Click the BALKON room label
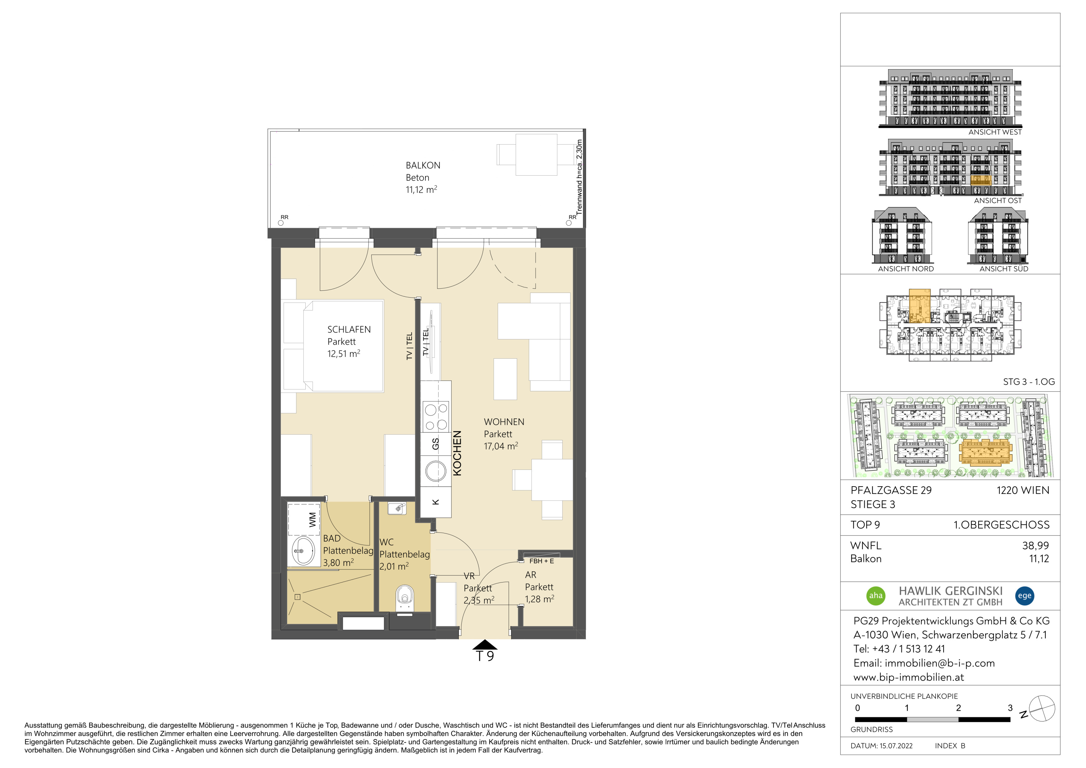click(x=423, y=165)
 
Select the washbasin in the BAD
click(x=303, y=551)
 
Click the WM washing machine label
click(x=312, y=520)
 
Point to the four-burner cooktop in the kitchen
click(x=436, y=417)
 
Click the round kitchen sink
click(x=436, y=471)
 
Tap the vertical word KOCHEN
click(x=457, y=453)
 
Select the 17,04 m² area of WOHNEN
click(x=501, y=446)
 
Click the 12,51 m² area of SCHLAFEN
click(x=344, y=354)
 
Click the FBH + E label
click(x=541, y=561)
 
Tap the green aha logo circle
click(x=876, y=596)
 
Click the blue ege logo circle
click(x=1025, y=596)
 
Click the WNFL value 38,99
click(x=1035, y=546)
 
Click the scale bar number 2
click(x=958, y=708)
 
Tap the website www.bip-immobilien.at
click(x=909, y=677)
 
